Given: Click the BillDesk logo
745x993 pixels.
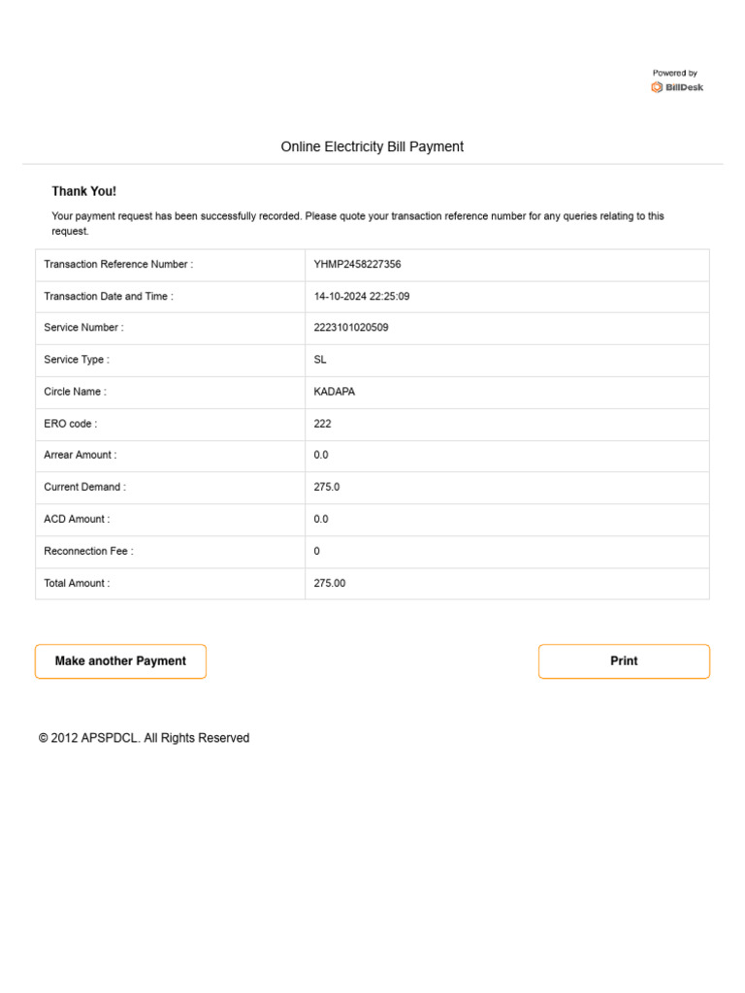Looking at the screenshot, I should tap(677, 87).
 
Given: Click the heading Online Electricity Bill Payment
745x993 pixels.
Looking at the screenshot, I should tap(372, 147).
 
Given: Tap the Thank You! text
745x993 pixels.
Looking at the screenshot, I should tap(83, 192).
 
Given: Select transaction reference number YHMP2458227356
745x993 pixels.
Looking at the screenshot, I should tap(357, 264).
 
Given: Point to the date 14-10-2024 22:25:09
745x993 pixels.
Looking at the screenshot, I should tap(361, 297).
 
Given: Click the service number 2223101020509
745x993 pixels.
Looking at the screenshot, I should tap(351, 328).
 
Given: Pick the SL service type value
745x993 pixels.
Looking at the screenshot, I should tap(320, 360).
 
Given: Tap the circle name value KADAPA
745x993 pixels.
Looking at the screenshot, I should tap(335, 392).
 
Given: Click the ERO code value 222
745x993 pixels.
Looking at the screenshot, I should tap(322, 424).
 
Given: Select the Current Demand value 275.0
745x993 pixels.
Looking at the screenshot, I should tap(327, 487).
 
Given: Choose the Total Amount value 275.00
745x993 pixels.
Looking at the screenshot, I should tap(330, 584).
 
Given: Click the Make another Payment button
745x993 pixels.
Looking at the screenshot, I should tap(120, 661).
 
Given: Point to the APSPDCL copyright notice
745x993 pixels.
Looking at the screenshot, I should tap(144, 738).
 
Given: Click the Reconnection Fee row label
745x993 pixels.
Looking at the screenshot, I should tap(88, 552).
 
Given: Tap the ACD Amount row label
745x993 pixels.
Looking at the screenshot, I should tap(77, 520).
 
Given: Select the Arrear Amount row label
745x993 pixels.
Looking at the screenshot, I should tap(80, 455).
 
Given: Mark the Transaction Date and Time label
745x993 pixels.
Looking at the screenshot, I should tap(109, 297).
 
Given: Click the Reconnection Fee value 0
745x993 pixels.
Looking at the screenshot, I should tap(317, 552).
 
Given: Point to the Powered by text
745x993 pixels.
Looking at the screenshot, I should tap(674, 74).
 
